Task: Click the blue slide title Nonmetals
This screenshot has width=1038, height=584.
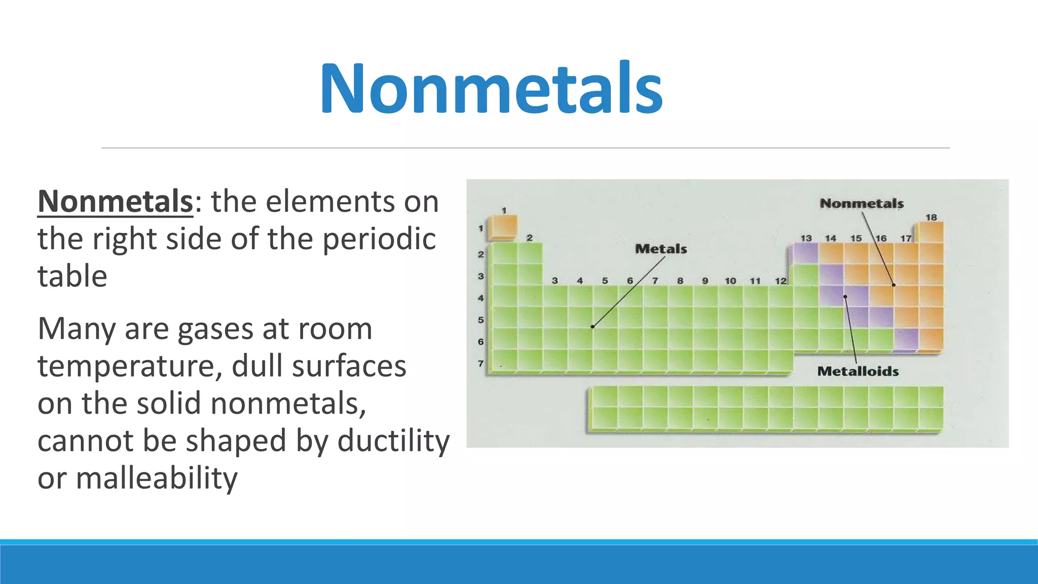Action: (491, 89)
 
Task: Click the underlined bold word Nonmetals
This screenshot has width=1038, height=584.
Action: (115, 201)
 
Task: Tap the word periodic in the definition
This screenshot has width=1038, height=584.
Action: (379, 239)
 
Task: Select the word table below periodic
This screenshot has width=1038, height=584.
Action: (72, 276)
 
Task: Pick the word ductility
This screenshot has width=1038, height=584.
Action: (393, 441)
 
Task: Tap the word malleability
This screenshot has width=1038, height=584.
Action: (157, 478)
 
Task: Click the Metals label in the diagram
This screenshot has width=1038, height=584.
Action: (661, 249)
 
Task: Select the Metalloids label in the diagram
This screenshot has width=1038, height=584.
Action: (858, 371)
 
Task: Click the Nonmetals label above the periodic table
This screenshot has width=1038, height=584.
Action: (862, 203)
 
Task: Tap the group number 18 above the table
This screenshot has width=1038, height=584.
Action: (931, 217)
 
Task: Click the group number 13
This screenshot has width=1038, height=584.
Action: (806, 238)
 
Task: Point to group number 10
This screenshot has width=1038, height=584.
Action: (730, 281)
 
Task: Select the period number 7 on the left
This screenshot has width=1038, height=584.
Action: (480, 363)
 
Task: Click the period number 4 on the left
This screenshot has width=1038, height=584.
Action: (480, 298)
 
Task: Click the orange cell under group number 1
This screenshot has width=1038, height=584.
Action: (503, 227)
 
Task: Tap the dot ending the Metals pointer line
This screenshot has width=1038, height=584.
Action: (592, 326)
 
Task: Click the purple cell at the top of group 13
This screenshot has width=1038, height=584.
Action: (806, 253)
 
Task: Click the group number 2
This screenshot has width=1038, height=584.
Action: (530, 238)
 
